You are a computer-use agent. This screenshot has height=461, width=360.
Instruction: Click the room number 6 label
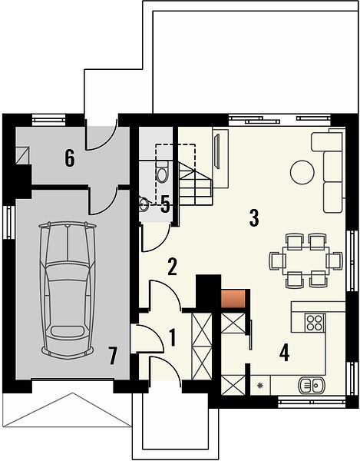[70, 158]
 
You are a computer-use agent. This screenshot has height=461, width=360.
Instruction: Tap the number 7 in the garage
[113, 356]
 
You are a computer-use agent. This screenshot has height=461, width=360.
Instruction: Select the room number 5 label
[165, 204]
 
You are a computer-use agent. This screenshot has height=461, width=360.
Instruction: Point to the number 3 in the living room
[254, 218]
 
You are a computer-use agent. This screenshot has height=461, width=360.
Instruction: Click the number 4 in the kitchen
[284, 353]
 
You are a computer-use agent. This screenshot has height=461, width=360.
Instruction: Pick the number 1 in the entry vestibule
[173, 337]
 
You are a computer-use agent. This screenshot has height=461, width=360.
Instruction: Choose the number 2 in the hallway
[172, 267]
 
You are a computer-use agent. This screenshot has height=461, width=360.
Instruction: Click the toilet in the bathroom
[162, 172]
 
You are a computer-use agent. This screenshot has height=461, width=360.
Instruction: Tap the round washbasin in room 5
[144, 204]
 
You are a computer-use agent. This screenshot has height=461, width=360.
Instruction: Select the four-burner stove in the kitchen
[315, 323]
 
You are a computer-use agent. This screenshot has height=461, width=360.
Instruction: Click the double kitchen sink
[311, 385]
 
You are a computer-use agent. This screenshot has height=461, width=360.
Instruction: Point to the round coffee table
[302, 172]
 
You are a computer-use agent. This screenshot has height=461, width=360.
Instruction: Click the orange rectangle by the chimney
[233, 299]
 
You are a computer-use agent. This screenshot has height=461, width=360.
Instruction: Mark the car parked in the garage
[68, 290]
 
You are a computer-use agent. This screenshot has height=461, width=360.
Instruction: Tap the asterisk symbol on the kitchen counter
[260, 385]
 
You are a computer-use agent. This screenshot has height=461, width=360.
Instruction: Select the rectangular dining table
[306, 260]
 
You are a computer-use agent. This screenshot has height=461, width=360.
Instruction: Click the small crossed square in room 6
[22, 155]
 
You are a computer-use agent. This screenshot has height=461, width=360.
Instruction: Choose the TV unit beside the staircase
[220, 158]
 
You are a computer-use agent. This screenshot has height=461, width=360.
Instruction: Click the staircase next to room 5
[195, 184]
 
